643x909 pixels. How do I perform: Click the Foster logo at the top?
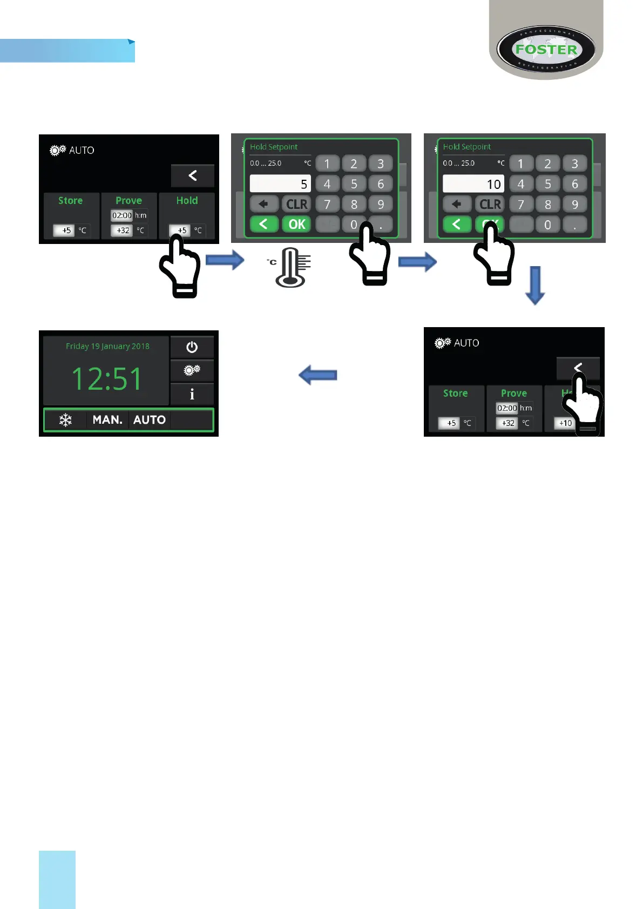coord(546,50)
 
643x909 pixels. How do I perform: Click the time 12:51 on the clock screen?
coord(106,378)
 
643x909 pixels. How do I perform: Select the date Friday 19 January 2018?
coord(107,347)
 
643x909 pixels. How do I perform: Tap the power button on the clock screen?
coord(192,347)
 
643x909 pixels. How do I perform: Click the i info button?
coord(192,394)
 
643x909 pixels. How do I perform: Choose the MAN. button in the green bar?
coord(107,420)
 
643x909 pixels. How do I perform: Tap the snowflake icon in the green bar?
coord(65,420)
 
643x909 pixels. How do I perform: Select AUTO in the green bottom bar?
coord(149,420)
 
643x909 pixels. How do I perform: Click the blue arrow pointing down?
coord(534,285)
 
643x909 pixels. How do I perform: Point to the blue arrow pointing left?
coord(318,375)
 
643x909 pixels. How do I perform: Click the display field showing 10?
coord(473,184)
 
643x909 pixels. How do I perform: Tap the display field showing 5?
coord(280,184)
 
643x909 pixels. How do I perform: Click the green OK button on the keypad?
coord(296,225)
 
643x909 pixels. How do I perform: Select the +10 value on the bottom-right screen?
coord(565,423)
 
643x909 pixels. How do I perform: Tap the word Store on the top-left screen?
coord(70,201)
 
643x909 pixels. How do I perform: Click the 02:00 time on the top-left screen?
coord(122,215)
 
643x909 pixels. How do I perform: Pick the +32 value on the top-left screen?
coord(123,230)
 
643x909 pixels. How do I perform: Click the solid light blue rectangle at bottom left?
coord(57,879)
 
